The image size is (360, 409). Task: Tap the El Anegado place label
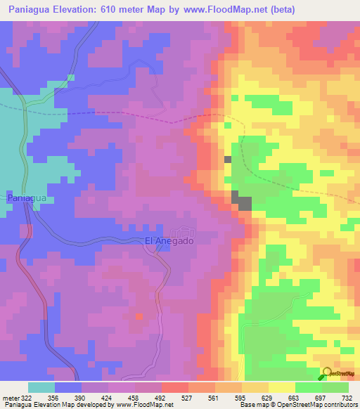169,240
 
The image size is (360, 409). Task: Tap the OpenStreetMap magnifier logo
328,373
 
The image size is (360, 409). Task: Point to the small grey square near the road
227,160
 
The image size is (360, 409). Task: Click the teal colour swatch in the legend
41,387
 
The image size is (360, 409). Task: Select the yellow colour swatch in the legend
281,387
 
